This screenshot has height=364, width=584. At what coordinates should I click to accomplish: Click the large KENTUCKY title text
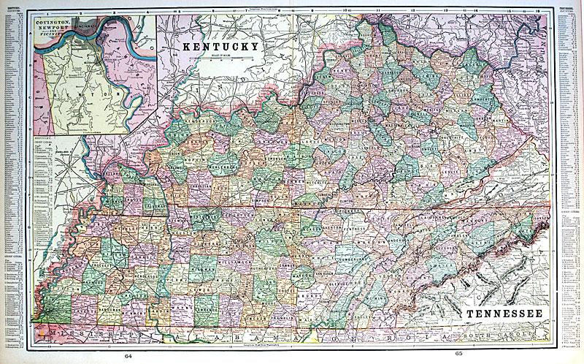[x=220, y=46]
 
